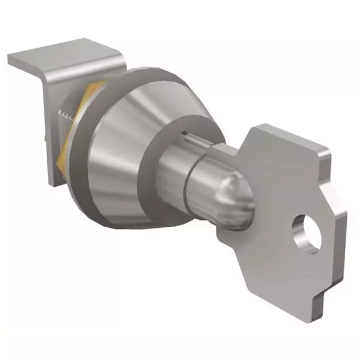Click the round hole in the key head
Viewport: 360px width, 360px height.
306,235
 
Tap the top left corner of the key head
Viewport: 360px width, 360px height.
253,126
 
